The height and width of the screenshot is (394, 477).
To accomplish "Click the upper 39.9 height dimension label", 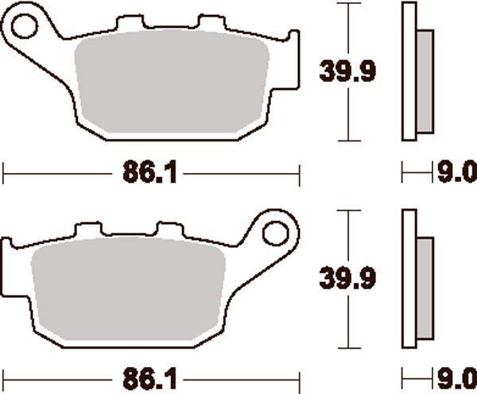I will click(347, 72).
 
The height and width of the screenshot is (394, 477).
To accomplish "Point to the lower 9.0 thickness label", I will click(453, 378).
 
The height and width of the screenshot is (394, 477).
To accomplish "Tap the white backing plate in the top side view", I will click(409, 72).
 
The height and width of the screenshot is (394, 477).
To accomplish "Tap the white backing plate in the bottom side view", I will click(409, 278).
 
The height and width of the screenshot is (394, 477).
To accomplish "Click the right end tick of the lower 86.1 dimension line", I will click(298, 378).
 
